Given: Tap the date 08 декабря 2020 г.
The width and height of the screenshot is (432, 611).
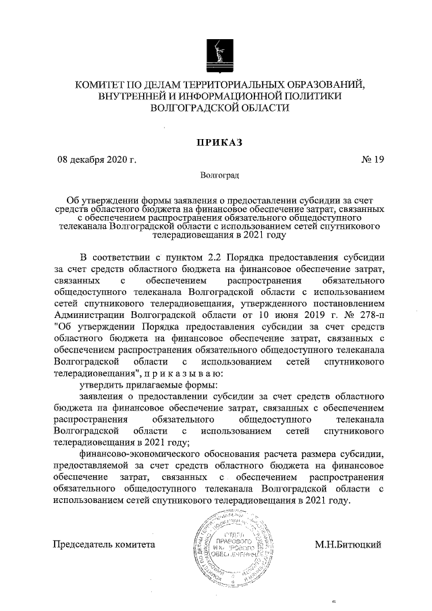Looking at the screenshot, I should [x=97, y=160].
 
